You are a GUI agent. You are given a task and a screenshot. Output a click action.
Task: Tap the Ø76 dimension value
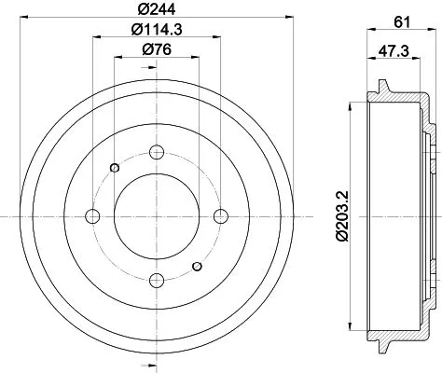(x=156, y=49)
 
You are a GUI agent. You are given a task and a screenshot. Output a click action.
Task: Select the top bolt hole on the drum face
(x=157, y=152)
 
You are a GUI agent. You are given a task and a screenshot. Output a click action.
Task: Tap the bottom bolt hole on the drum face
(x=157, y=279)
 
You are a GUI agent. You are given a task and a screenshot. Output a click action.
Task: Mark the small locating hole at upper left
(x=115, y=168)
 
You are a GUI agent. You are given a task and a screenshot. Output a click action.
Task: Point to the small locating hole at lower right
(x=198, y=268)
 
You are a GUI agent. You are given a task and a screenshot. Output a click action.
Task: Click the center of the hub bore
(x=157, y=215)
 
